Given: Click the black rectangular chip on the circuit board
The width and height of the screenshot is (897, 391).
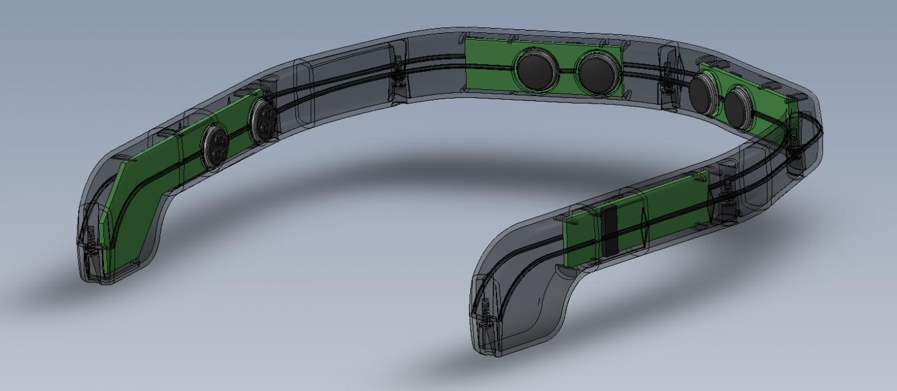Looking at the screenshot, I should pos(610,231).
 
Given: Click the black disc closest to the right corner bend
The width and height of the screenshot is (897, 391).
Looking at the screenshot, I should pos(739,107).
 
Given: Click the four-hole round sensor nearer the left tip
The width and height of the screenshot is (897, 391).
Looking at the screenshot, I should pos(214,147).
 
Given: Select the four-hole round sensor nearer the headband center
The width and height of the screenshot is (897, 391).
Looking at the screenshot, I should pos(263,118).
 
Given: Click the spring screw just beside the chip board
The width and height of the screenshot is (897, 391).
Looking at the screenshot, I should pos(726,190).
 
